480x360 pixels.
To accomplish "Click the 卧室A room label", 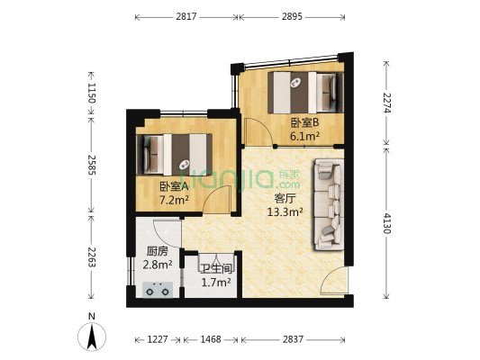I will (x=174, y=186).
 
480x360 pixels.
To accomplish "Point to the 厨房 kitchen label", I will (x=158, y=252).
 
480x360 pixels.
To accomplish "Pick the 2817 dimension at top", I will (x=186, y=16).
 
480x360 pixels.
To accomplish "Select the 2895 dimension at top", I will (x=291, y=16).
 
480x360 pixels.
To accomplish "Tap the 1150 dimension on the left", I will (x=91, y=94).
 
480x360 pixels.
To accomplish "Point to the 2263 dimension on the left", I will (x=91, y=259).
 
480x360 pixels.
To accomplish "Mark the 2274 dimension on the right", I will (x=388, y=103).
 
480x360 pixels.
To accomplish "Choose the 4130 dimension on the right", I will (x=388, y=222).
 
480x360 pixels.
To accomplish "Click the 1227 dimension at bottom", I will (x=158, y=339).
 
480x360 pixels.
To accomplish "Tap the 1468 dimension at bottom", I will (x=211, y=339).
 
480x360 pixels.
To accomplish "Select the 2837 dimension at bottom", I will (x=292, y=339).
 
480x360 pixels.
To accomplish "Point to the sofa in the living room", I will (x=327, y=204).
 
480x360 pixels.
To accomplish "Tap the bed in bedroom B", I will (x=304, y=90).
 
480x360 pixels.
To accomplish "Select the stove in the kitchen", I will (x=158, y=290).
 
